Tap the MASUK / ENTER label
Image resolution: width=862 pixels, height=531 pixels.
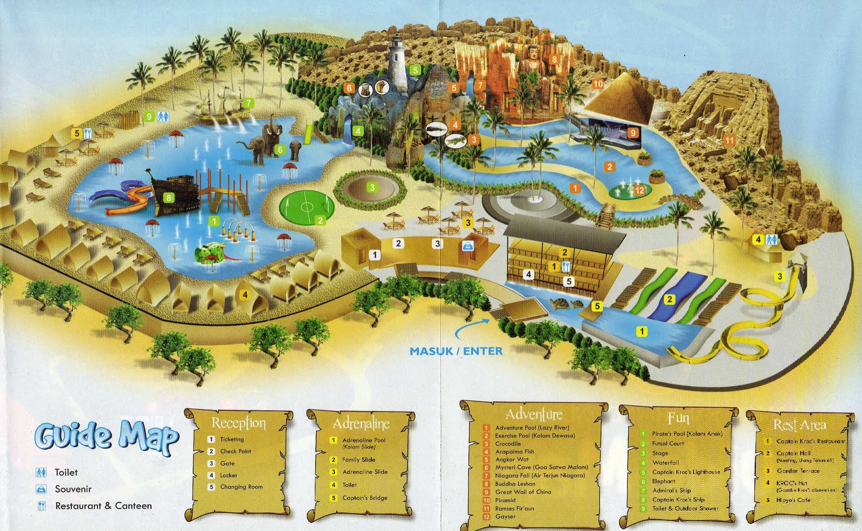point(456,351)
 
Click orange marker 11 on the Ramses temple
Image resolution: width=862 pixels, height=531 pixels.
point(729,141)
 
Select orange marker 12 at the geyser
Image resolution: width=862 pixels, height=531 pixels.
point(639,190)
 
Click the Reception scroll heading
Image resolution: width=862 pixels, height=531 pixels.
point(239,423)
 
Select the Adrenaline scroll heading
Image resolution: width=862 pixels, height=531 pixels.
point(361,424)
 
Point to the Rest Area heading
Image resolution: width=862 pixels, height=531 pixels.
point(800,425)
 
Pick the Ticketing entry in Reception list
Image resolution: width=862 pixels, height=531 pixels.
point(232,439)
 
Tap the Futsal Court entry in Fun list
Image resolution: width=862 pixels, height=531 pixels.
point(668,444)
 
